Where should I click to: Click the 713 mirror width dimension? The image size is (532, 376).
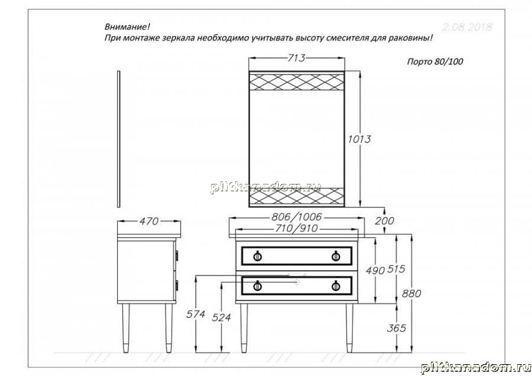click(297, 58)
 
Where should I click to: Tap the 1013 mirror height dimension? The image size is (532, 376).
click(359, 139)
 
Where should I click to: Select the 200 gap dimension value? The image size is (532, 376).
click(384, 221)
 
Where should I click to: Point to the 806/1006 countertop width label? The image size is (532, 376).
click(297, 216)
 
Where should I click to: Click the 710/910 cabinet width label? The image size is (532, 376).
click(297, 228)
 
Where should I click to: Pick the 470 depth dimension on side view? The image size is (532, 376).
click(149, 221)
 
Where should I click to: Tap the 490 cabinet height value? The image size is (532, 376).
click(375, 270)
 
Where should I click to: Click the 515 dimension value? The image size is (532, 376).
click(396, 269)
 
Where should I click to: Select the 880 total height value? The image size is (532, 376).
click(411, 294)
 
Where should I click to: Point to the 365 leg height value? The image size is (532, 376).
click(396, 328)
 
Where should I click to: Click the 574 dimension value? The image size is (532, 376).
click(196, 315)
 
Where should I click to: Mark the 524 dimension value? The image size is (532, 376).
click(222, 317)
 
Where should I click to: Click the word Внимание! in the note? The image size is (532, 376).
click(127, 27)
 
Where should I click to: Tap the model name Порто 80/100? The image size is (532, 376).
click(435, 61)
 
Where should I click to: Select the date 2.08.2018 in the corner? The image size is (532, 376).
click(467, 27)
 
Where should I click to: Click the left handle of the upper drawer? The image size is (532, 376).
click(258, 256)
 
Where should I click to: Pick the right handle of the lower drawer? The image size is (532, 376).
click(336, 286)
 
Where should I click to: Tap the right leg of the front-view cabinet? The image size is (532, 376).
click(349, 328)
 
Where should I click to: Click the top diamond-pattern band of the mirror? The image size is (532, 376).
click(297, 82)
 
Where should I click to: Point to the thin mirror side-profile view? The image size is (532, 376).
click(118, 139)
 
